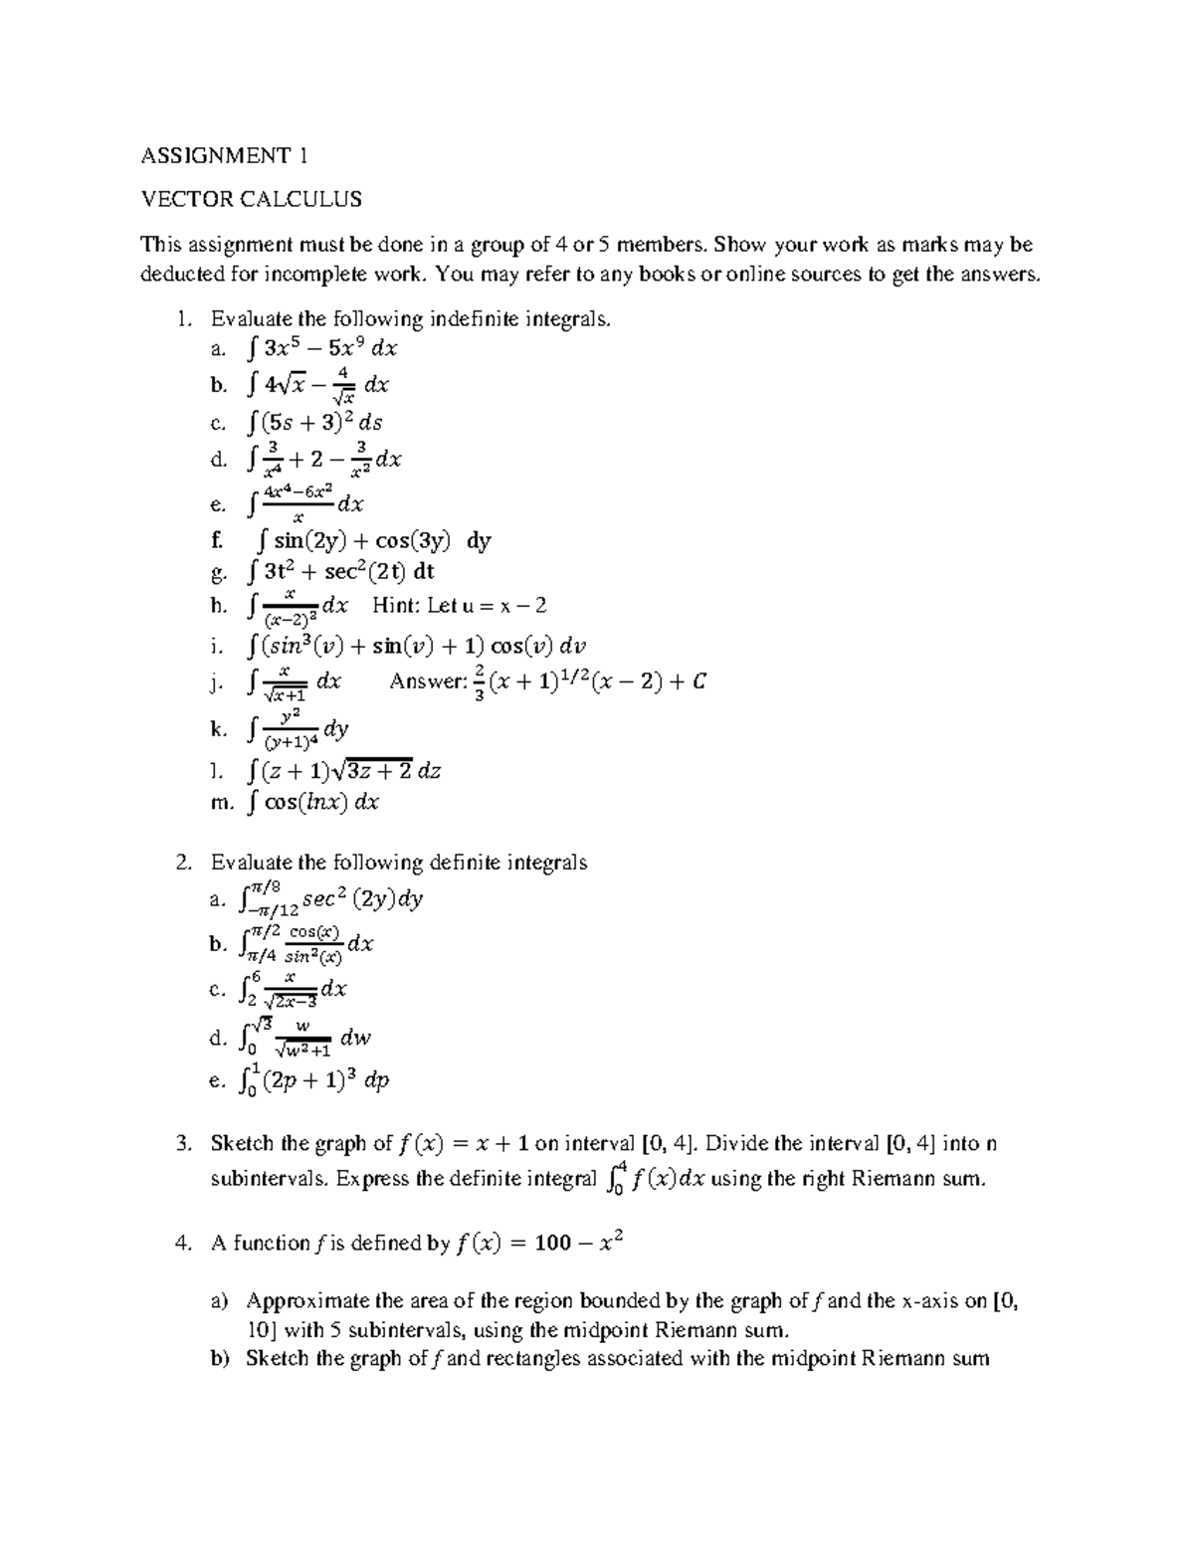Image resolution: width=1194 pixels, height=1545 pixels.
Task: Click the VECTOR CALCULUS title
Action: (251, 200)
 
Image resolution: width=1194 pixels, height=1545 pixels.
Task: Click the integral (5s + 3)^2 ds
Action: (312, 421)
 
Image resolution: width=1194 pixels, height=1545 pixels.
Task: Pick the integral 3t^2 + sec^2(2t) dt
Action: (339, 572)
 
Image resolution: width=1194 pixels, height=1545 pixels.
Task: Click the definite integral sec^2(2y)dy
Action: (332, 898)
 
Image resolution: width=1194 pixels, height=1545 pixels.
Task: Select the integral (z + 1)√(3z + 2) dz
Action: (341, 770)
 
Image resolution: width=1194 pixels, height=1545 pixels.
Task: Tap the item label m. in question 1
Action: (221, 803)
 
